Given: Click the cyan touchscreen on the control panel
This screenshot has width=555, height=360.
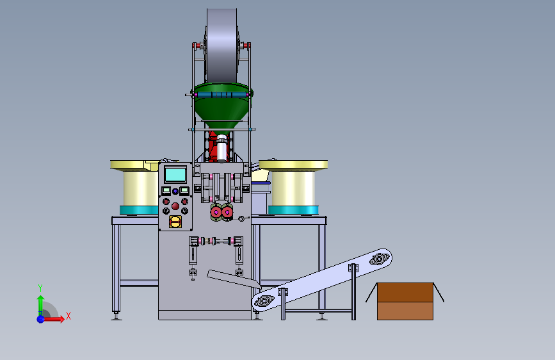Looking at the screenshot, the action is [175, 174].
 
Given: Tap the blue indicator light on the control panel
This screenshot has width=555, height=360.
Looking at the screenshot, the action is [175, 192].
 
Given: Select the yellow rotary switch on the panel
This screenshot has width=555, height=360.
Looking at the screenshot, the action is [175, 222].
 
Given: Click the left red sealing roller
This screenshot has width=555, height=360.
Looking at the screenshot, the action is [216, 212].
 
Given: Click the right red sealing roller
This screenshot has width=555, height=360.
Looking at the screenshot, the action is [227, 212].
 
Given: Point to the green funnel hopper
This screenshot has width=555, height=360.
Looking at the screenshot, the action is [222, 105].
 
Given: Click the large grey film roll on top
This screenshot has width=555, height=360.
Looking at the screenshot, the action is [221, 46].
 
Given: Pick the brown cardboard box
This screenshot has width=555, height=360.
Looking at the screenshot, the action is [405, 301].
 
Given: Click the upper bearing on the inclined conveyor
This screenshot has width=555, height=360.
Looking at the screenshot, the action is [379, 259].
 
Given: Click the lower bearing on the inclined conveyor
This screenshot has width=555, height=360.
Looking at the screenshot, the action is [264, 301].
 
